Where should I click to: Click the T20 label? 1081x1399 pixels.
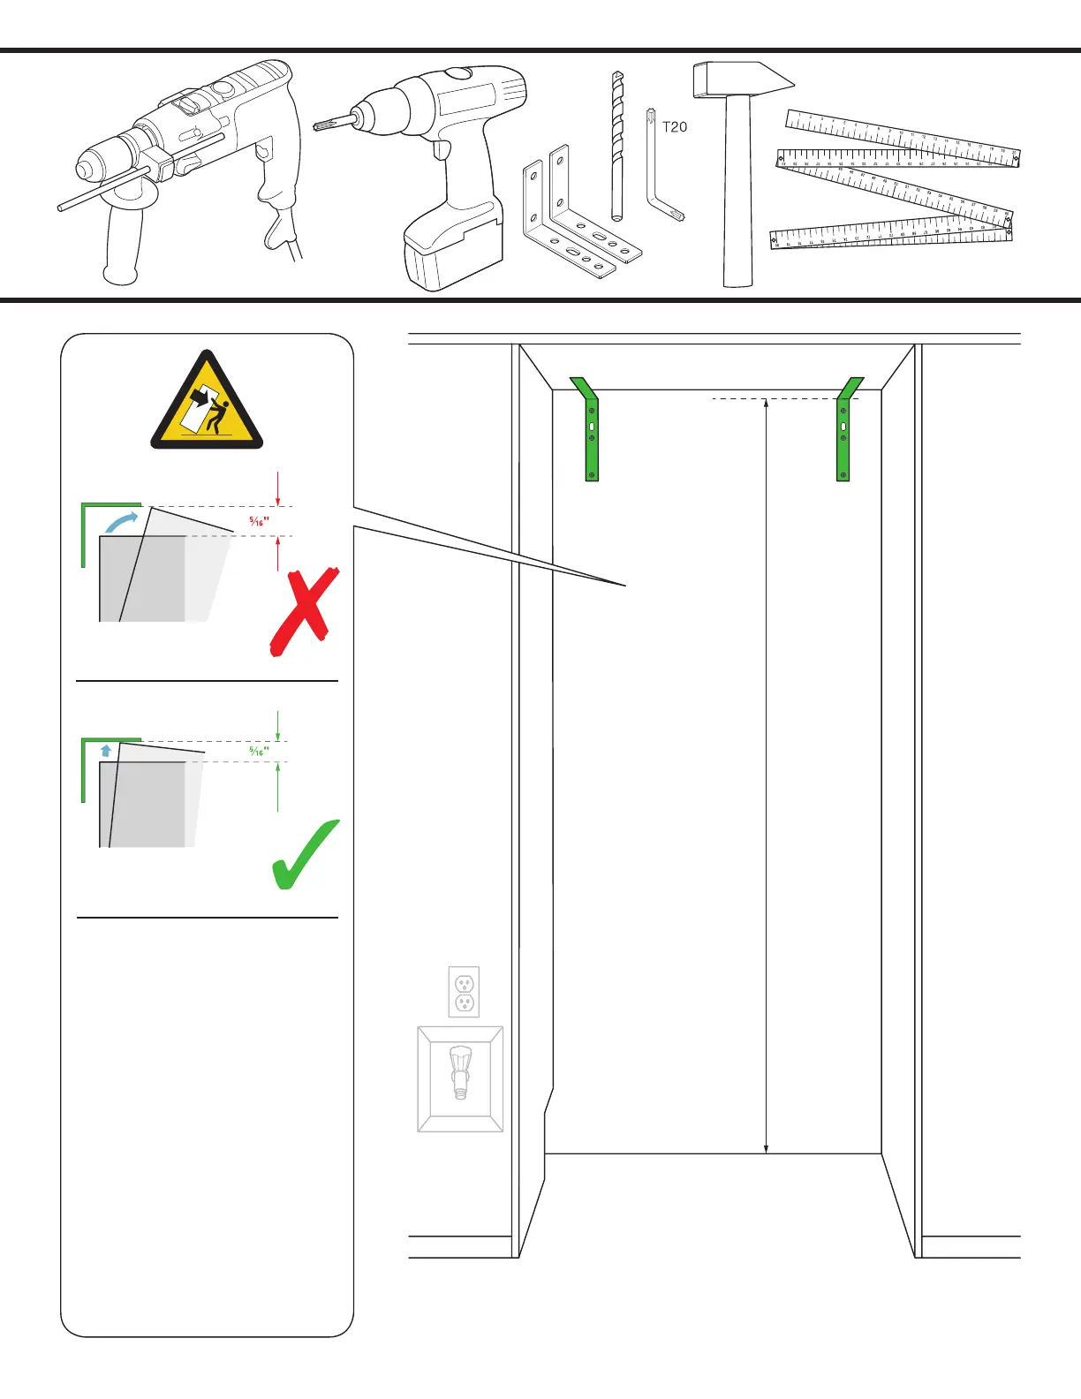674,127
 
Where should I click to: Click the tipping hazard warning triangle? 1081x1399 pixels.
207,403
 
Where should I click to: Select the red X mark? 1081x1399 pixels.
304,611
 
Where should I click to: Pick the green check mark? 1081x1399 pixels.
304,854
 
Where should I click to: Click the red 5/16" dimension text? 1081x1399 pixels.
259,522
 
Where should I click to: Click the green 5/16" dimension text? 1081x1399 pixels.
259,752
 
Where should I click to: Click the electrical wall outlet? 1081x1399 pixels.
464,992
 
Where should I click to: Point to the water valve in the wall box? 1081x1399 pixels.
460,1070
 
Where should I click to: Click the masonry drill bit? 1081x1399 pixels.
617,146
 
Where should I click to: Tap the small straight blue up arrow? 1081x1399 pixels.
107,751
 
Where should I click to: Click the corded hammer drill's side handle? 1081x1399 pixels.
122,238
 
